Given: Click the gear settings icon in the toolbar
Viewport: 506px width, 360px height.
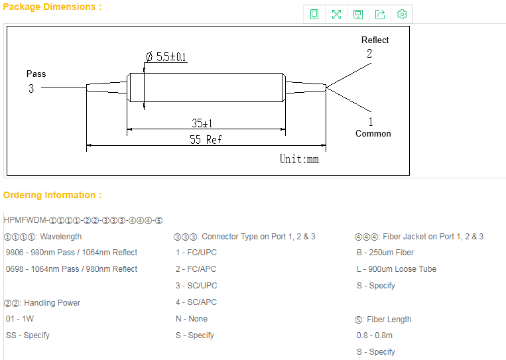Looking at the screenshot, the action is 402,14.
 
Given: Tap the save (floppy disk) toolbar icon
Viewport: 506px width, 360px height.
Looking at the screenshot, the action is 358,14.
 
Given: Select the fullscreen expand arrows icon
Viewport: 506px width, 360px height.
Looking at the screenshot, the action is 336,14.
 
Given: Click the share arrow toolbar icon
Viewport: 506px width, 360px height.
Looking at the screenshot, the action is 380,14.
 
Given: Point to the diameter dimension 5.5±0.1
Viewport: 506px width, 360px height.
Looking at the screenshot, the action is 166,57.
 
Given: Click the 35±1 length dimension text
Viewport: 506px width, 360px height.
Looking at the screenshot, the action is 202,123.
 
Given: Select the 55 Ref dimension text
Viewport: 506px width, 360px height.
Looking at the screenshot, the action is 206,140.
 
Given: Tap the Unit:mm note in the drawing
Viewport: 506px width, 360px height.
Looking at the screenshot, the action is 299,159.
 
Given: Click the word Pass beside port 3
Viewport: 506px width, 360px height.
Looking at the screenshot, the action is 36,74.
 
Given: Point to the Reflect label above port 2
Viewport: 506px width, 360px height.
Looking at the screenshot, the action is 375,40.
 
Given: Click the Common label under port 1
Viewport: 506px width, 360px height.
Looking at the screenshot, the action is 373,133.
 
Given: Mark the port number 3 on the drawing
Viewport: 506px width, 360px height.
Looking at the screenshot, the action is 31,88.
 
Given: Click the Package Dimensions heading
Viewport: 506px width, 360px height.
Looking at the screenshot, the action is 52,7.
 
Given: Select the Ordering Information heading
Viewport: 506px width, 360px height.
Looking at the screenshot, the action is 52,195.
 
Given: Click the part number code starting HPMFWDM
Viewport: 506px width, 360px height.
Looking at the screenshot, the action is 83,220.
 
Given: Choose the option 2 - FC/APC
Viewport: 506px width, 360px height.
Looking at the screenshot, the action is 196,269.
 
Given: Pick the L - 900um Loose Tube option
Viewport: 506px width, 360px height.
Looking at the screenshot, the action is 397,269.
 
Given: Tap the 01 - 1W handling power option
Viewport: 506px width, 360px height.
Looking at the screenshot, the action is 20,319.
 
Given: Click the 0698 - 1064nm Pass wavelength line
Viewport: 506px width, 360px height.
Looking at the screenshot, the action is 72,269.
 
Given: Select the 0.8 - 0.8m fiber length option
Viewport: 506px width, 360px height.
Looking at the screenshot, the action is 374,335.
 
